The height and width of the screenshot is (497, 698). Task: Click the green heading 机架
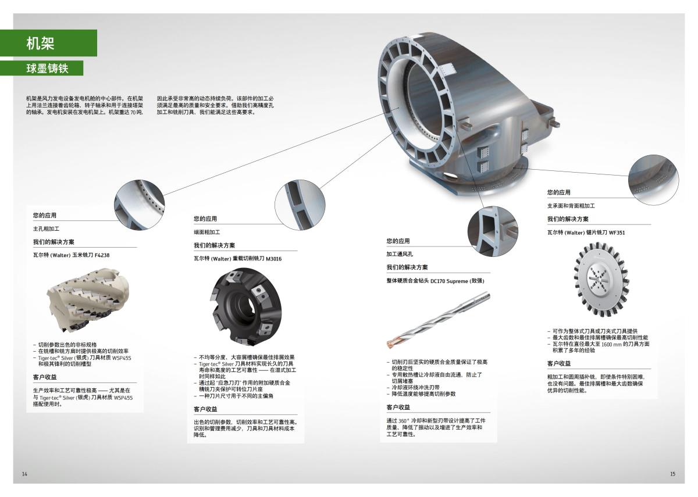(40, 43)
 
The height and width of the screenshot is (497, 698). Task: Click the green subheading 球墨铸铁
(47, 69)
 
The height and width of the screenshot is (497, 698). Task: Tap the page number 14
(24, 474)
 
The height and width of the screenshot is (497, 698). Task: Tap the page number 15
(672, 474)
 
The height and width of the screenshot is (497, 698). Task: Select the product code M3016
(273, 259)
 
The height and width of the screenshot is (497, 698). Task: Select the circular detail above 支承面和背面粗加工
(653, 180)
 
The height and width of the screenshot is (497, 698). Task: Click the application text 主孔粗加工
(46, 229)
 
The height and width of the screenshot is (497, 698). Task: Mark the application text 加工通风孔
(400, 254)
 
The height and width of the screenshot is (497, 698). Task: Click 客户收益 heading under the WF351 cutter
(559, 363)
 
